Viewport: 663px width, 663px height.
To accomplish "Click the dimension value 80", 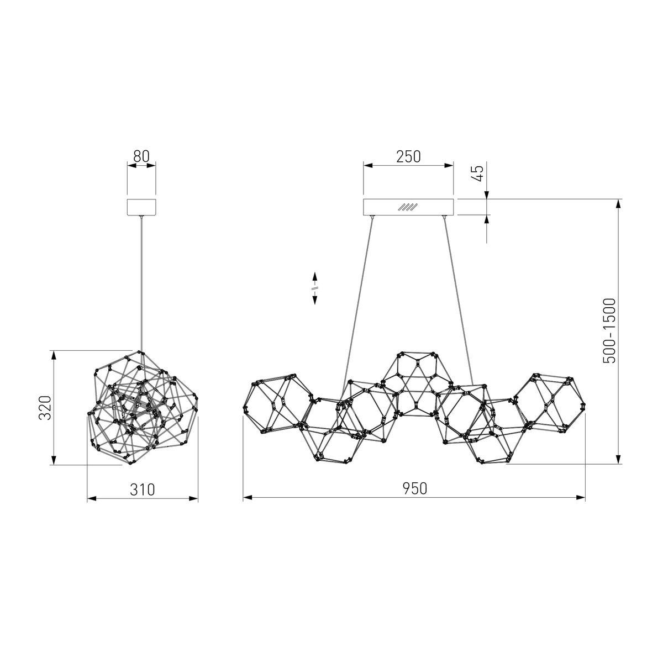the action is tap(141, 156).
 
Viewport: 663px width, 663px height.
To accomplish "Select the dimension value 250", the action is tap(408, 156).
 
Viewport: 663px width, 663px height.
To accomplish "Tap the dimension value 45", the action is tap(479, 173).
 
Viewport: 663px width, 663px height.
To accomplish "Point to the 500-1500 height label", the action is tap(610, 331).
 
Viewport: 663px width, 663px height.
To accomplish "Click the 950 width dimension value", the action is tap(414, 488).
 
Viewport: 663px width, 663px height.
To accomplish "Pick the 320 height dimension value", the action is tap(46, 408).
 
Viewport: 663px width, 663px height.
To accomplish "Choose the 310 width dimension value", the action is tap(143, 490).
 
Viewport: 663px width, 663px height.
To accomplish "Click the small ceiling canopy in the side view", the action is tap(141, 207).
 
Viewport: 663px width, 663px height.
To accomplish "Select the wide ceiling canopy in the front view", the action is tap(408, 207).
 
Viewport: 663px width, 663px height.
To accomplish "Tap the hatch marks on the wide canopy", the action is tap(408, 207).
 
